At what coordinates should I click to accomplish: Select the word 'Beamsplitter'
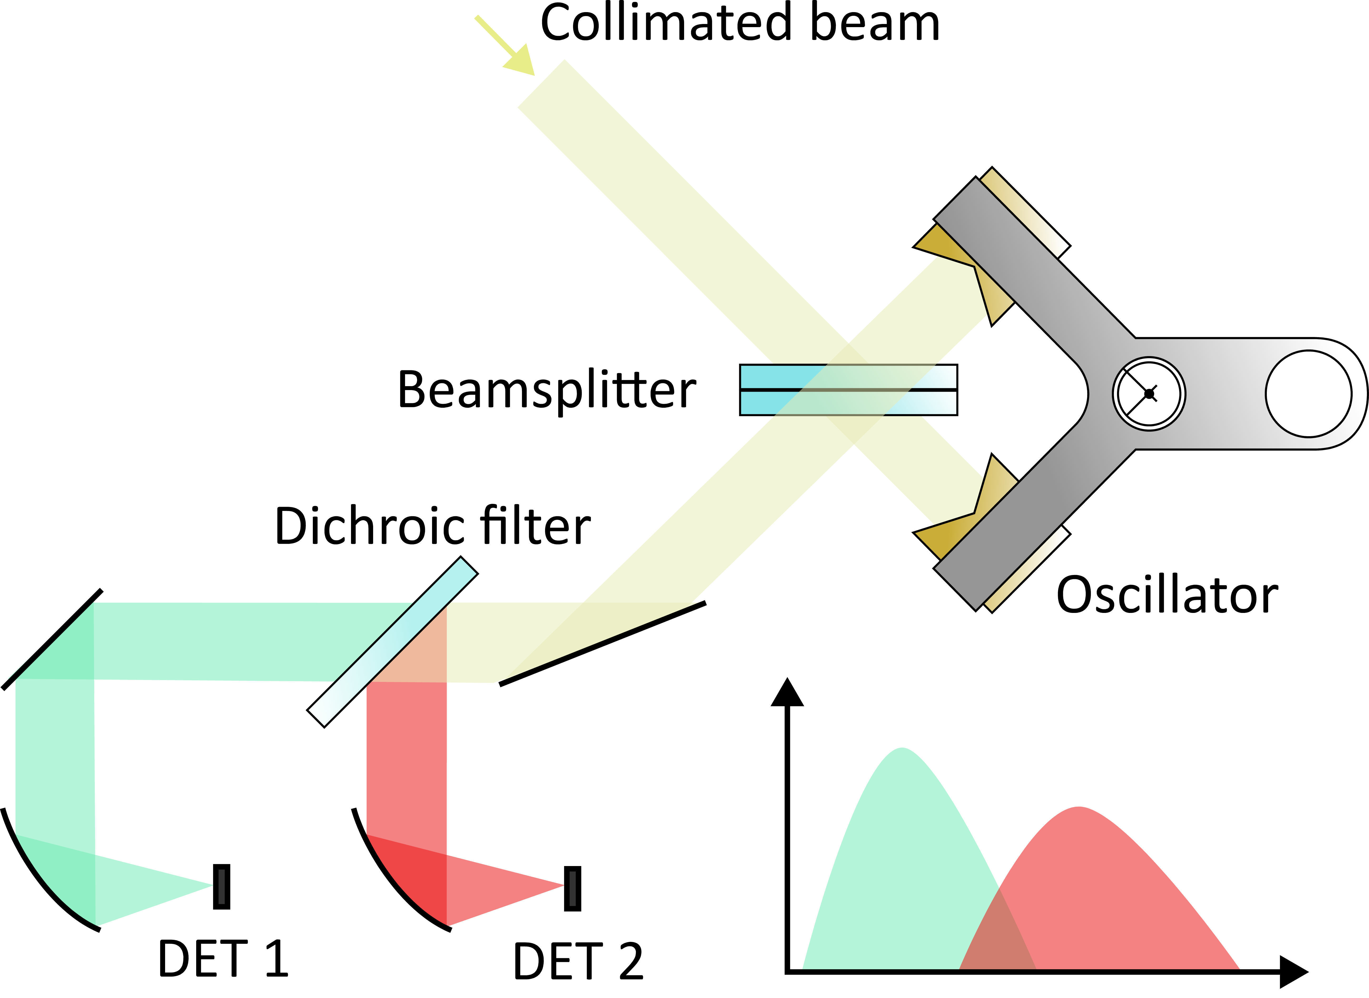click(x=546, y=390)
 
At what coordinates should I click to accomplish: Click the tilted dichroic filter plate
click(x=393, y=642)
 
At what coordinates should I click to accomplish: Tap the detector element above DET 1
click(x=222, y=887)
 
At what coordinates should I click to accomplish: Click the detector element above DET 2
click(x=572, y=888)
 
